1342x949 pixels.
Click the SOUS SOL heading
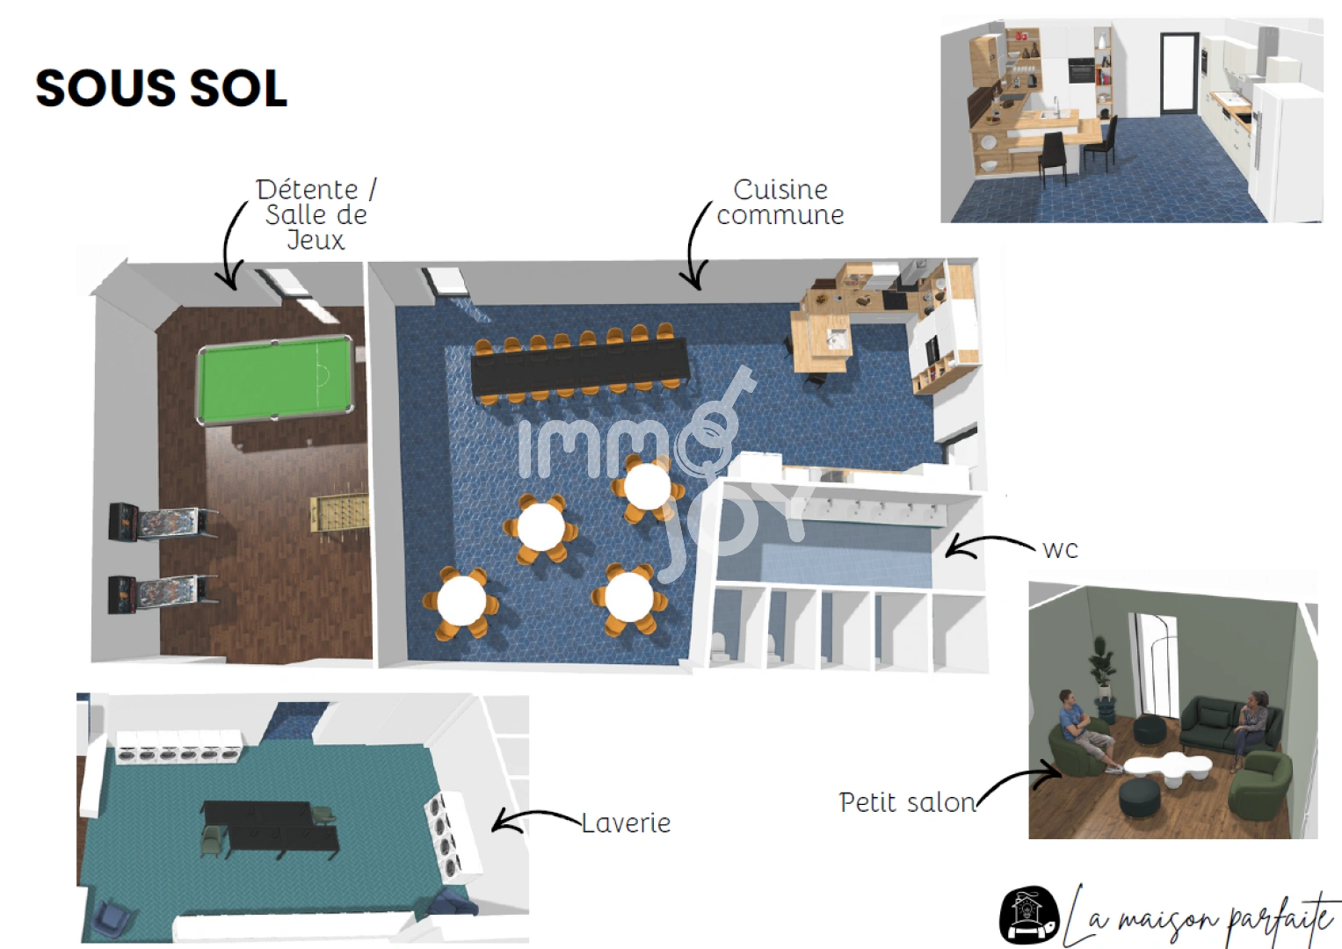162,89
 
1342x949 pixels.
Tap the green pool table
275,379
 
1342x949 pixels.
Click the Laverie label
626,823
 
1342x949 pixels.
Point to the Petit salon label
906,802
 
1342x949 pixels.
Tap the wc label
1059,550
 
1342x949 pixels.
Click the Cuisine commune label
780,202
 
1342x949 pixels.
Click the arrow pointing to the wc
984,546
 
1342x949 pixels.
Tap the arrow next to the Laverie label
532,821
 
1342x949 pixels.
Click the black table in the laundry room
268,824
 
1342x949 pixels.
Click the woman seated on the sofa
1254,721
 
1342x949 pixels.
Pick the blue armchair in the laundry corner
115,916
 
